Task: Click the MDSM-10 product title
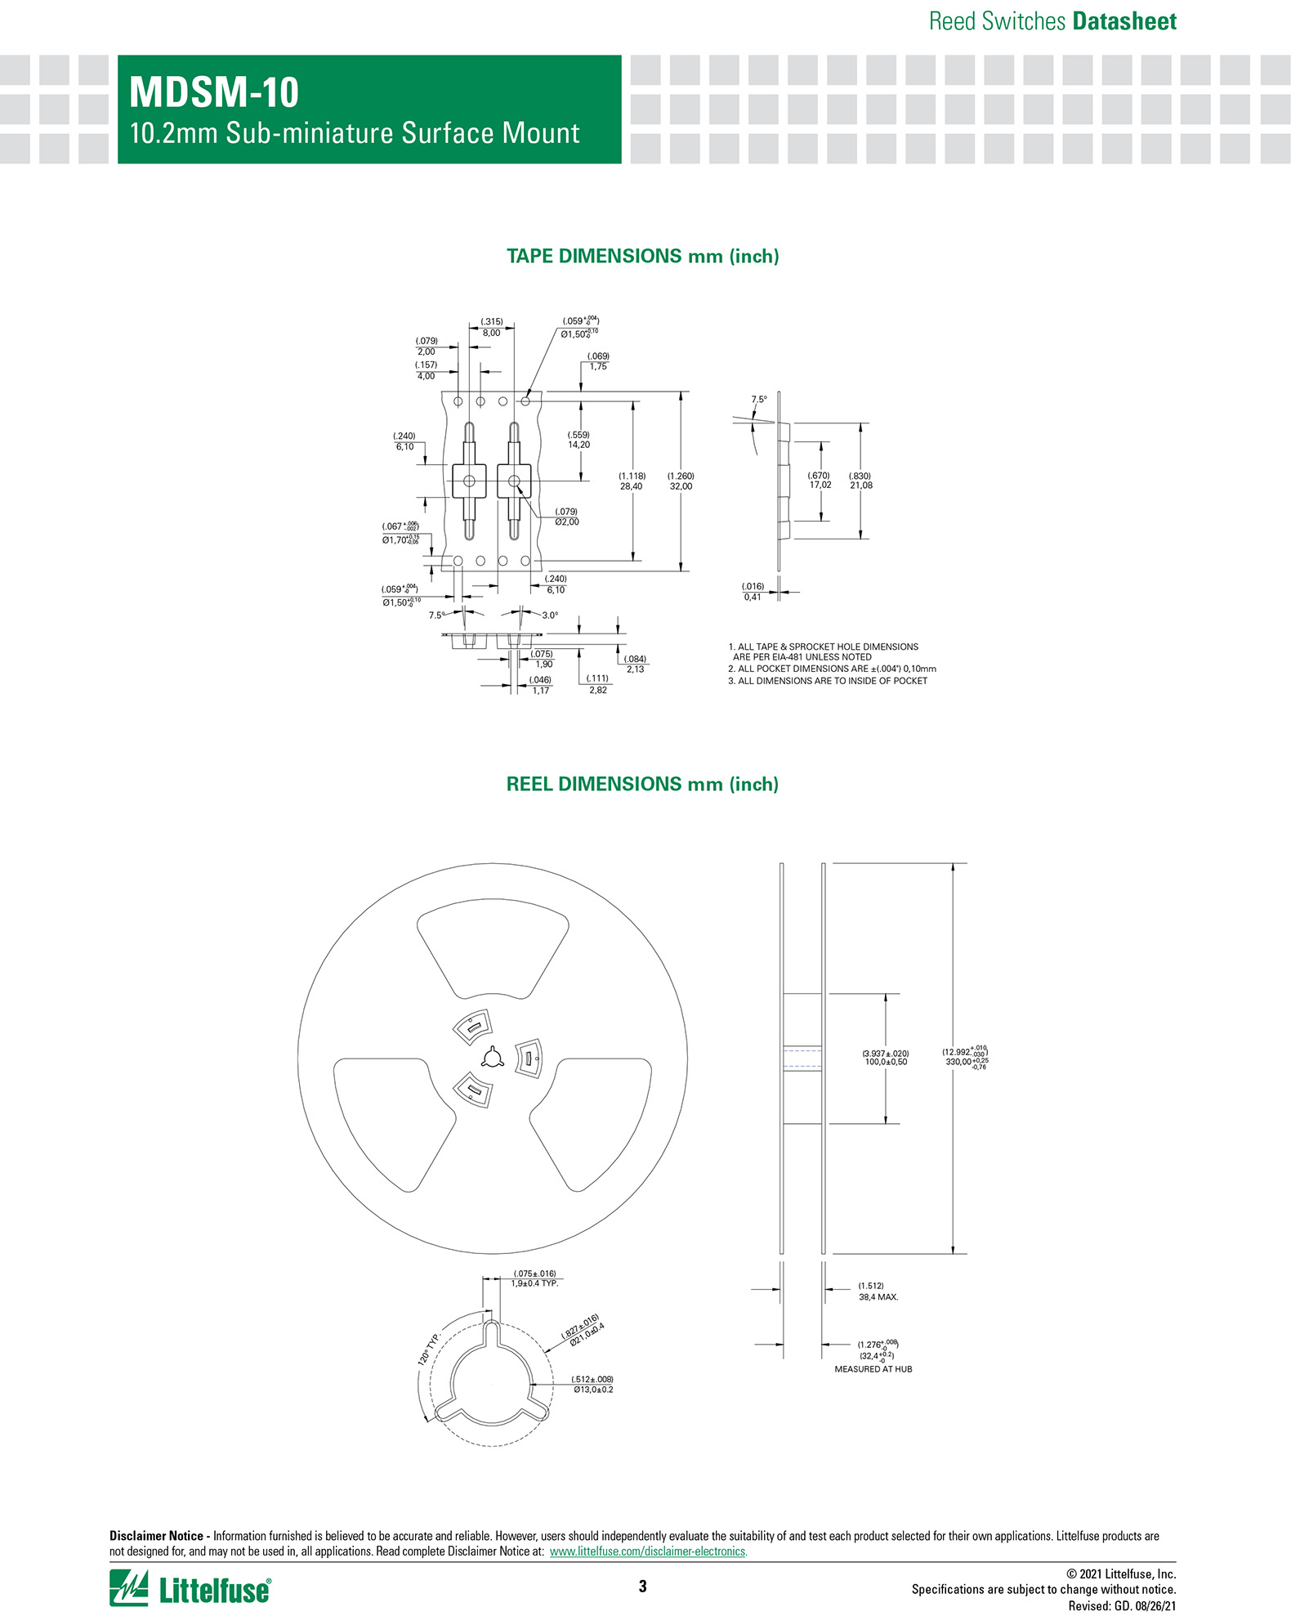pyautogui.click(x=214, y=92)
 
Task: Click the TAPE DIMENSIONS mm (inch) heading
pyautogui.click(x=642, y=257)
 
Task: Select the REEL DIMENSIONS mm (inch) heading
pyautogui.click(x=642, y=785)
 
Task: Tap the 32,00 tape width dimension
pyautogui.click(x=681, y=486)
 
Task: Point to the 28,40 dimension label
pyautogui.click(x=632, y=486)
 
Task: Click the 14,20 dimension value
pyautogui.click(x=578, y=445)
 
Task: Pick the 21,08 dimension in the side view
pyautogui.click(x=860, y=486)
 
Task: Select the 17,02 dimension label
pyautogui.click(x=820, y=486)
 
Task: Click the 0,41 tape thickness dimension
pyautogui.click(x=752, y=598)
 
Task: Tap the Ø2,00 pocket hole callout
pyautogui.click(x=566, y=522)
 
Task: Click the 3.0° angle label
pyautogui.click(x=550, y=616)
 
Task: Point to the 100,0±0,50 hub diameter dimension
pyautogui.click(x=886, y=1062)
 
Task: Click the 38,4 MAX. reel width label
pyautogui.click(x=878, y=1296)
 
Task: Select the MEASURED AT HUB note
pyautogui.click(x=873, y=1369)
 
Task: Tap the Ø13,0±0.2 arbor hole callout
pyautogui.click(x=592, y=1390)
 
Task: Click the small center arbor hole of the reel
pyautogui.click(x=492, y=1058)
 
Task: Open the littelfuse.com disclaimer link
pyautogui.click(x=648, y=1551)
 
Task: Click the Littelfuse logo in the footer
pyautogui.click(x=190, y=1588)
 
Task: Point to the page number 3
pyautogui.click(x=642, y=1587)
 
